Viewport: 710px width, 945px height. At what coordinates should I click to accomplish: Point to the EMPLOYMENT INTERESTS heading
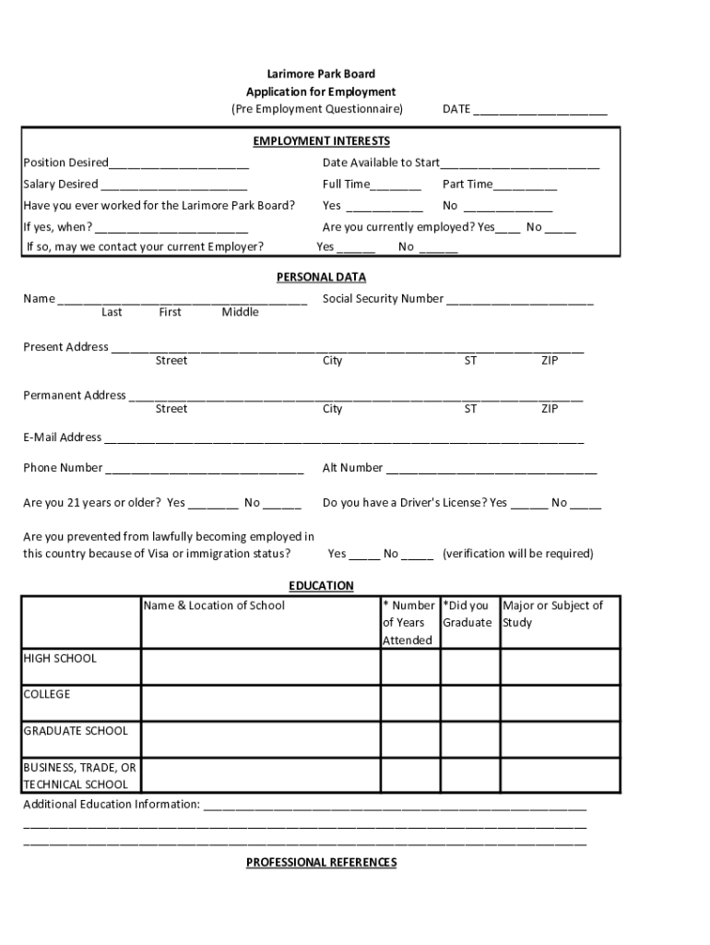tap(321, 141)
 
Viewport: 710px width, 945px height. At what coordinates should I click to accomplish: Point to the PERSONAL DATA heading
tap(321, 277)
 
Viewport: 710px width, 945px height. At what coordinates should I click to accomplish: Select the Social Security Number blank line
tap(520, 300)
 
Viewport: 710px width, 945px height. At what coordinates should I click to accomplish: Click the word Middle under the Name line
tap(240, 312)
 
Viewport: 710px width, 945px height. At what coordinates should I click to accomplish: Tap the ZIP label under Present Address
tap(550, 361)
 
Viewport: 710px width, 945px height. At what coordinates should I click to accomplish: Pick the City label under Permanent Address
tap(332, 409)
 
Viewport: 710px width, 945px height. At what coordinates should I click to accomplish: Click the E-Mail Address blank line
tap(342, 439)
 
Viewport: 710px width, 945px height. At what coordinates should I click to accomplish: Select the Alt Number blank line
tap(491, 469)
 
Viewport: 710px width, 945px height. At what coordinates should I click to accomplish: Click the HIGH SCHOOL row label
tap(60, 659)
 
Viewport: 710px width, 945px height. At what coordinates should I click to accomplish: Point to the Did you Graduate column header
tap(467, 614)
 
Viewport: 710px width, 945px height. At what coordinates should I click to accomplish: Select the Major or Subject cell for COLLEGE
tap(559, 702)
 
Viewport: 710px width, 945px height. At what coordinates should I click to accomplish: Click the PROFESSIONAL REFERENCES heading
tap(321, 862)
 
